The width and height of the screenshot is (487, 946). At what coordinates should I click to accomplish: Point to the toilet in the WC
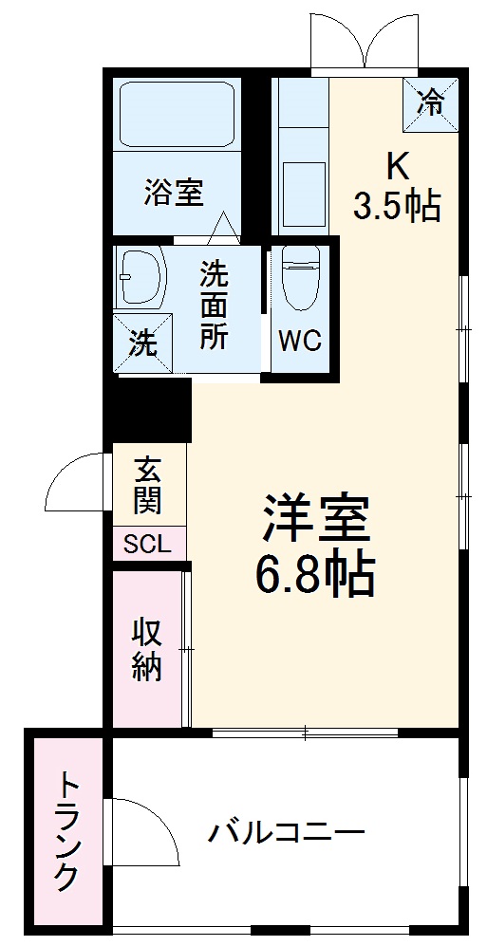(x=298, y=281)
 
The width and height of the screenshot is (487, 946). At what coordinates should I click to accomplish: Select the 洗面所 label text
(x=214, y=306)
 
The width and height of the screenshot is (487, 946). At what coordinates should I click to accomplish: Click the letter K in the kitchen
(x=396, y=167)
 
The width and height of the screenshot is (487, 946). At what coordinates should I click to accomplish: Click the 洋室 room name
(x=314, y=519)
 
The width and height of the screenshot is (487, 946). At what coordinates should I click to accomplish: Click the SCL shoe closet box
(x=148, y=544)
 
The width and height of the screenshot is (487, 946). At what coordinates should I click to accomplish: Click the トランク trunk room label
(x=66, y=832)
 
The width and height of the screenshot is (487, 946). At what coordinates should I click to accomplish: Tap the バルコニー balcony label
(x=288, y=833)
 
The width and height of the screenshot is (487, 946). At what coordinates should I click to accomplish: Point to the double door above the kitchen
(x=365, y=43)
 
